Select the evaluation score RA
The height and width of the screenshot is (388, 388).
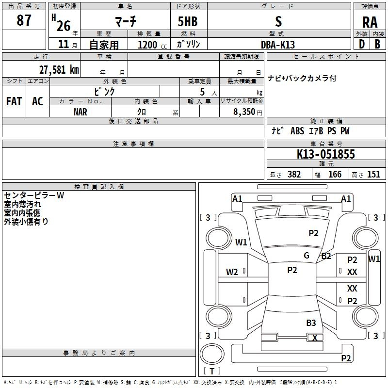pos(370,22)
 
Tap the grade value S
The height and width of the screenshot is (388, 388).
pos(278,22)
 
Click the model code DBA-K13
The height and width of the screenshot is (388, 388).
pos(278,45)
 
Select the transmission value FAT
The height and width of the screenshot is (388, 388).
pos(14,101)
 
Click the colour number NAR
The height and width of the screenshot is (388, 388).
pos(81,111)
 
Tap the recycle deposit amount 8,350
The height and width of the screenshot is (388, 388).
pos(244,112)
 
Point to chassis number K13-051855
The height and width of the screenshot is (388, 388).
pos(326,155)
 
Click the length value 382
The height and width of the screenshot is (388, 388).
pos(294,175)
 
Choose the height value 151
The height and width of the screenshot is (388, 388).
pos(373,175)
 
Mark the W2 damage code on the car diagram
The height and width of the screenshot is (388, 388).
pos(232,272)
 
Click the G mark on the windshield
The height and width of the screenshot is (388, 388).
pos(307,256)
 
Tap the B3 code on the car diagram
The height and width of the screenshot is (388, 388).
pos(311,323)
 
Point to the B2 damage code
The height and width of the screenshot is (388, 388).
pos(326,256)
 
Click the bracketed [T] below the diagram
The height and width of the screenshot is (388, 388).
pos(212,371)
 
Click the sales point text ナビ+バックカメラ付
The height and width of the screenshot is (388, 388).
pos(302,78)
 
